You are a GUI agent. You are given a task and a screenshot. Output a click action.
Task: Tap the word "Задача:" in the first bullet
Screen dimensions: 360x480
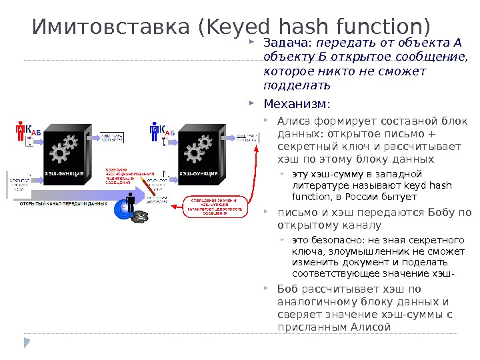click(283, 43)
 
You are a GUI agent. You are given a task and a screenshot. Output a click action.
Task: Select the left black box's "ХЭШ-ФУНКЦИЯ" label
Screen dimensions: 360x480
click(64, 174)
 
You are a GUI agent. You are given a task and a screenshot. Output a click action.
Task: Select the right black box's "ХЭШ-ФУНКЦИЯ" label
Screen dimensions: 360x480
click(198, 174)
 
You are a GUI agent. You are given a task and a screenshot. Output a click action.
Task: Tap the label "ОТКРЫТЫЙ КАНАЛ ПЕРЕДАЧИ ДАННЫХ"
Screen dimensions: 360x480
click(64, 203)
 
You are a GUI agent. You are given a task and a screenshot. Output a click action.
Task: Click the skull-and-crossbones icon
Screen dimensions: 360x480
click(141, 216)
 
